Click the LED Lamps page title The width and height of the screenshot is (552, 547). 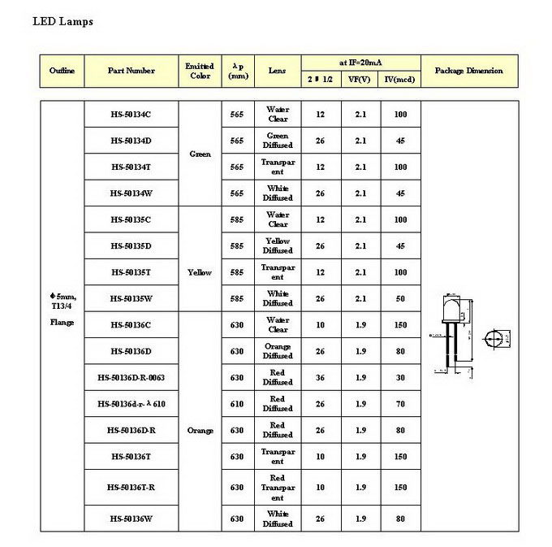tap(63, 21)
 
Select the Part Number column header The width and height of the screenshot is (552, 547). tap(131, 71)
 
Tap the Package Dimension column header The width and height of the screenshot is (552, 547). tap(468, 71)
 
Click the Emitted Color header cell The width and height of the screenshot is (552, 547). tap(199, 71)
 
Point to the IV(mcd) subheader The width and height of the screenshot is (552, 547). tap(399, 79)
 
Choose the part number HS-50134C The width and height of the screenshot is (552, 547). tap(131, 114)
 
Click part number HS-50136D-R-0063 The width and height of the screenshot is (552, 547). tap(131, 377)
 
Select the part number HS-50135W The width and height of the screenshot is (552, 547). tap(131, 298)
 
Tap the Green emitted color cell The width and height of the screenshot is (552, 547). tap(200, 154)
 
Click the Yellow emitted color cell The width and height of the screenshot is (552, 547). tap(200, 272)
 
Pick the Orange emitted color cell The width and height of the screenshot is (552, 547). tap(200, 430)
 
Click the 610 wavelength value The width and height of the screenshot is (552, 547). tap(236, 404)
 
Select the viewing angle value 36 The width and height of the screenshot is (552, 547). tap(321, 377)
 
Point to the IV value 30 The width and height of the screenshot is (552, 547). tap(400, 377)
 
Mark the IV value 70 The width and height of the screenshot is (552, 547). tap(400, 404)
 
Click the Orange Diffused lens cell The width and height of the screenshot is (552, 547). tap(278, 351)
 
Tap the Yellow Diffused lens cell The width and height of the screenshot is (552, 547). tap(278, 245)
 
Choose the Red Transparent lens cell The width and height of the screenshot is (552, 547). tap(278, 488)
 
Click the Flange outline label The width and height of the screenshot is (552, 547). tap(62, 323)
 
